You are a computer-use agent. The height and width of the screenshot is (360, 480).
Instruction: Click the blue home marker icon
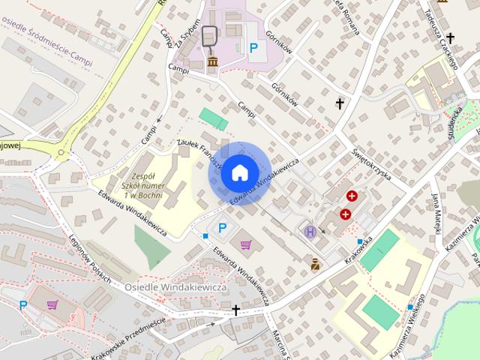[238, 172]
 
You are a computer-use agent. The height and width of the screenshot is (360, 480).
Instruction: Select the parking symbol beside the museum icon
[254, 48]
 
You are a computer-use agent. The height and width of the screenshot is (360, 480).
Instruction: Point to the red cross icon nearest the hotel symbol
[345, 214]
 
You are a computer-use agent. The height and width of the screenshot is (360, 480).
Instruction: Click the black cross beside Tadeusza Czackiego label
[450, 37]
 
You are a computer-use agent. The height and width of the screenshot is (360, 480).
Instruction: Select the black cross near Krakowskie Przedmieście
[235, 310]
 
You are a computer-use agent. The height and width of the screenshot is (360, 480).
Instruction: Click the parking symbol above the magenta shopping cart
[222, 227]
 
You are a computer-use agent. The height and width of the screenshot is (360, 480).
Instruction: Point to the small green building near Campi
[214, 118]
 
